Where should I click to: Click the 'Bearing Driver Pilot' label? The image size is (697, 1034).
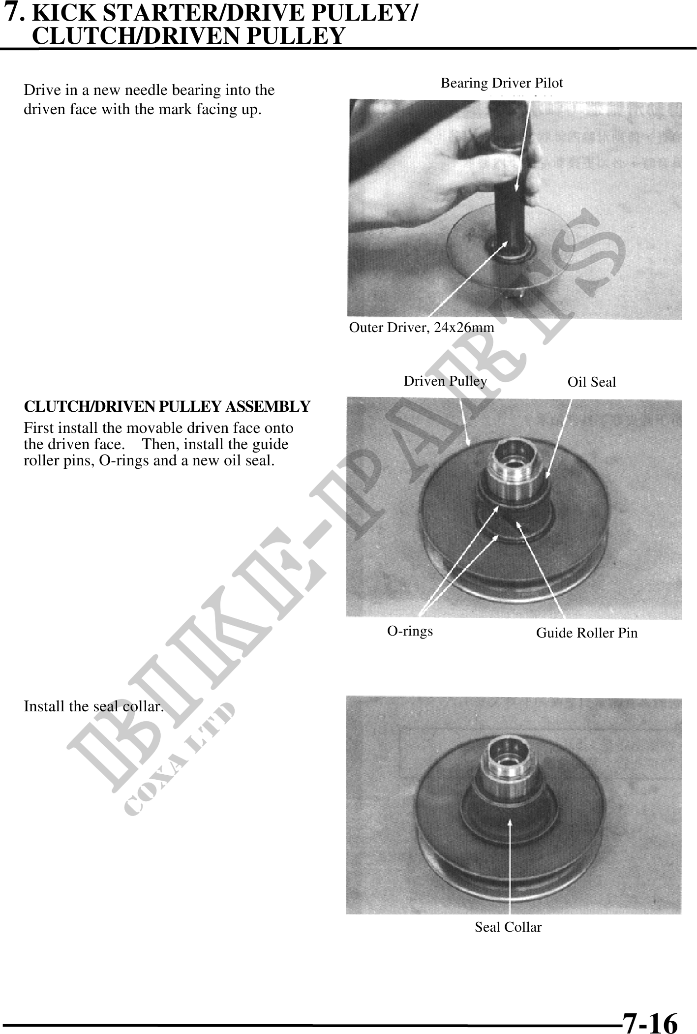502,83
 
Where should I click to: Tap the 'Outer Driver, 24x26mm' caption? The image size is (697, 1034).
422,327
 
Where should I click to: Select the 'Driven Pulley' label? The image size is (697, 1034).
445,381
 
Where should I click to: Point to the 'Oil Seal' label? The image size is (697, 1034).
592,382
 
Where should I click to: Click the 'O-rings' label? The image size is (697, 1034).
410,631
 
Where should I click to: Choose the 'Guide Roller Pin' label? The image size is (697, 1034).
587,633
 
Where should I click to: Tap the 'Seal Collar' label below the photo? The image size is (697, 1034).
508,927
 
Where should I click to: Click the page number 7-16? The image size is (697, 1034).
650,1010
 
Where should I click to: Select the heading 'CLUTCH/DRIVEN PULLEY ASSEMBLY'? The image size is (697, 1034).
167,407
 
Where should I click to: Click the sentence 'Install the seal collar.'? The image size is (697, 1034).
94,706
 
